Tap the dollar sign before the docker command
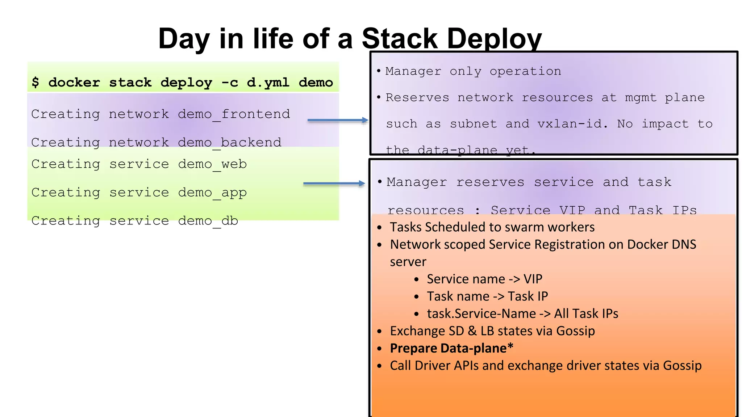35,82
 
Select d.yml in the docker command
268,83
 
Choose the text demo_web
212,164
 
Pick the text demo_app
212,193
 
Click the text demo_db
208,221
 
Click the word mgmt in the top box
641,98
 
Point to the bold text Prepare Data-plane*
451,348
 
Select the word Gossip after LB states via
575,331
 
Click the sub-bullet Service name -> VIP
484,279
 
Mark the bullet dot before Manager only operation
379,71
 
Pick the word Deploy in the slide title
494,39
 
